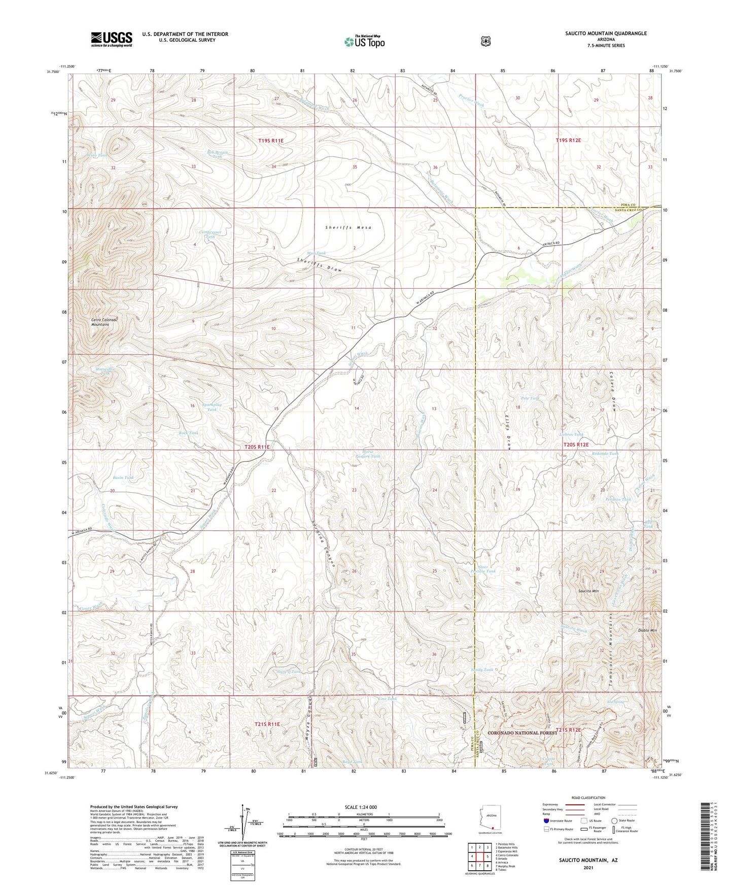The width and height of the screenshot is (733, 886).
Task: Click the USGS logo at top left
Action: click(x=112, y=39)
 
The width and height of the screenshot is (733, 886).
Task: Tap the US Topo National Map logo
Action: click(x=364, y=42)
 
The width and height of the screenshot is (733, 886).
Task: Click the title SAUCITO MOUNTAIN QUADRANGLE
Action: click(x=606, y=33)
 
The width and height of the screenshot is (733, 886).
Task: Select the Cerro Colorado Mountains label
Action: click(x=104, y=322)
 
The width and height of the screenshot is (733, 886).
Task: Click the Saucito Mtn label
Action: click(x=588, y=591)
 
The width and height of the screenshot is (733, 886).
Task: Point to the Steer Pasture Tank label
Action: click(x=486, y=569)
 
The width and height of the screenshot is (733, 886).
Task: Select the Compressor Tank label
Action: click(x=211, y=234)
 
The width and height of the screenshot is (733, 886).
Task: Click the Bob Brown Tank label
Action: click(x=217, y=154)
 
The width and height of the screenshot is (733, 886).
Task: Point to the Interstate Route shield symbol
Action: click(x=546, y=820)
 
